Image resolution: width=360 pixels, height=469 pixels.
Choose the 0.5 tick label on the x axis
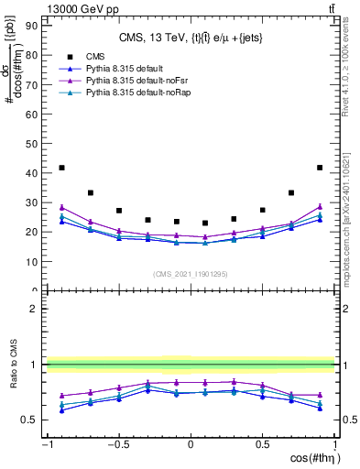[x=262, y=445]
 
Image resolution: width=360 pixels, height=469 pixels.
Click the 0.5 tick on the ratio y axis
[x=32, y=420]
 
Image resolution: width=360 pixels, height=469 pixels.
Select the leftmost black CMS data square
[x=61, y=168]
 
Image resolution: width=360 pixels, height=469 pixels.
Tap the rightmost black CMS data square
[x=320, y=168]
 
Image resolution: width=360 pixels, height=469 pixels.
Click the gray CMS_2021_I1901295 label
[x=190, y=275]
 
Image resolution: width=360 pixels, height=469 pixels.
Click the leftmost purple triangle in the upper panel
[x=61, y=207]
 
